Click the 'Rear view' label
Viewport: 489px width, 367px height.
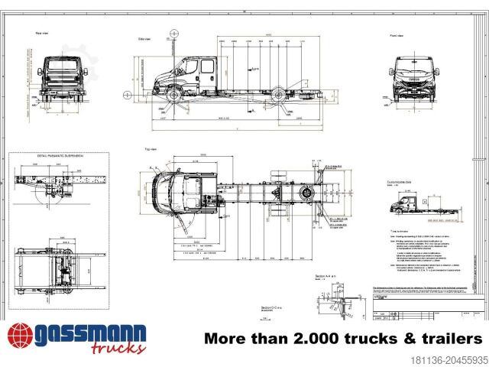point(42,34)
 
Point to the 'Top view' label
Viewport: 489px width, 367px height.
point(150,149)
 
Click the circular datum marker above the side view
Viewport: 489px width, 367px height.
point(175,34)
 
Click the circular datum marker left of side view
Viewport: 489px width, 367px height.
point(128,95)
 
